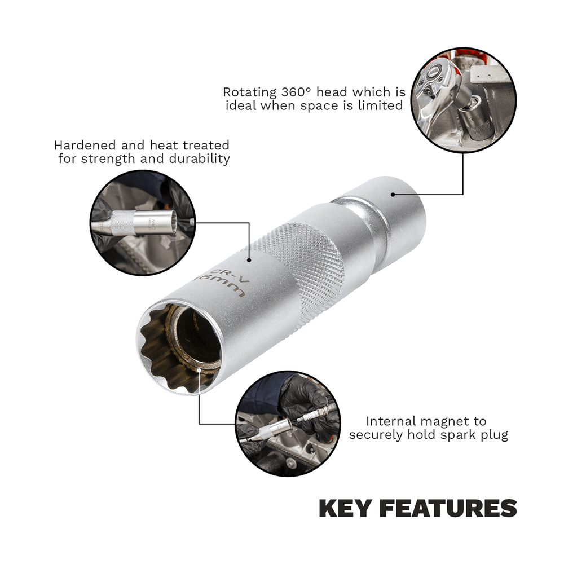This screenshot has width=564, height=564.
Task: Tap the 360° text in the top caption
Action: point(296,92)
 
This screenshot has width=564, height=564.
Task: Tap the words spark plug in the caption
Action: point(474,435)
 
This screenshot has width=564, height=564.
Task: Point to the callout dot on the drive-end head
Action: point(393,195)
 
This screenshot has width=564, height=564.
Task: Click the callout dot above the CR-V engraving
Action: point(249,260)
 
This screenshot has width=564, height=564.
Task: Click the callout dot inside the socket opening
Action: point(199,370)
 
